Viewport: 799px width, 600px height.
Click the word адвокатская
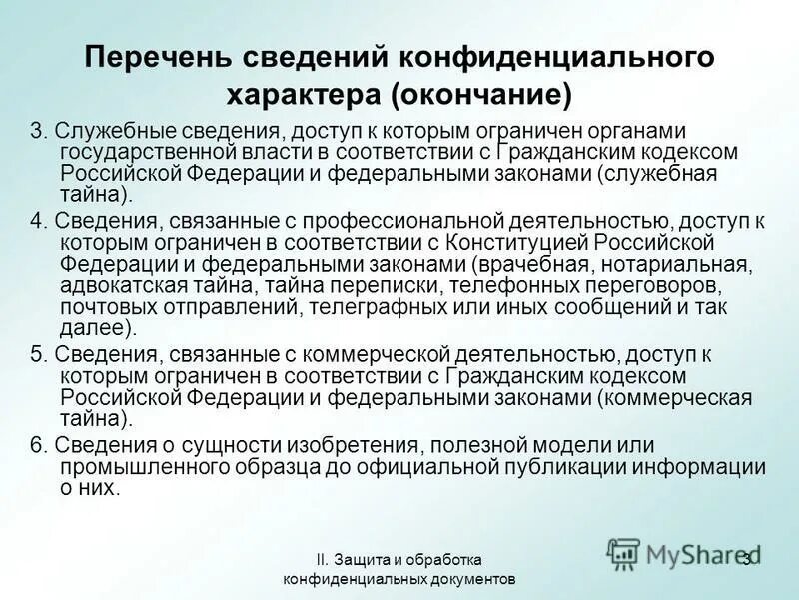point(114,284)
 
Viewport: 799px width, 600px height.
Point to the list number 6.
point(37,445)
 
